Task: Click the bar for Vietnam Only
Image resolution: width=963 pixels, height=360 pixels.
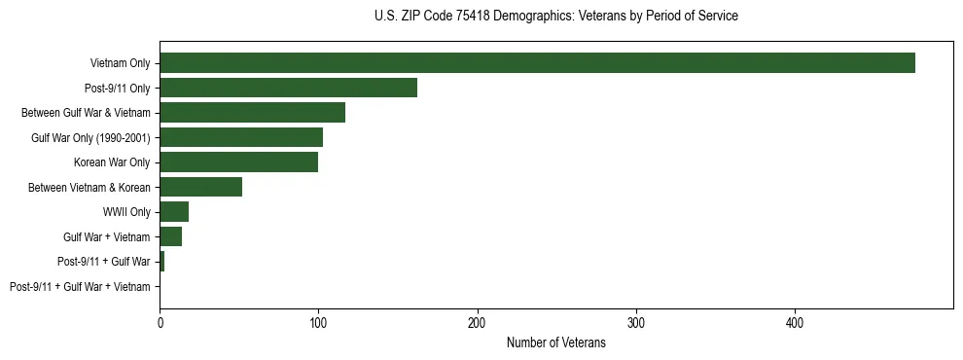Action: (537, 63)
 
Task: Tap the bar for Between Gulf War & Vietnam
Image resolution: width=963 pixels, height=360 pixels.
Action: (252, 113)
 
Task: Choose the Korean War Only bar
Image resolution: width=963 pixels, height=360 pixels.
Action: (238, 162)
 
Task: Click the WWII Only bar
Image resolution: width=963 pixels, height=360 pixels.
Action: (174, 212)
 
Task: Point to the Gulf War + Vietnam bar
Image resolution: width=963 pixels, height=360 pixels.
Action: (170, 236)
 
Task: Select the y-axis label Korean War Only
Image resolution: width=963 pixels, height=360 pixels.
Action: (112, 162)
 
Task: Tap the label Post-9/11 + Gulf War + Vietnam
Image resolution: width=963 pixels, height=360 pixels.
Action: (80, 287)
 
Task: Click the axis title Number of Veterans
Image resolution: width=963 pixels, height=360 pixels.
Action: (555, 343)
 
